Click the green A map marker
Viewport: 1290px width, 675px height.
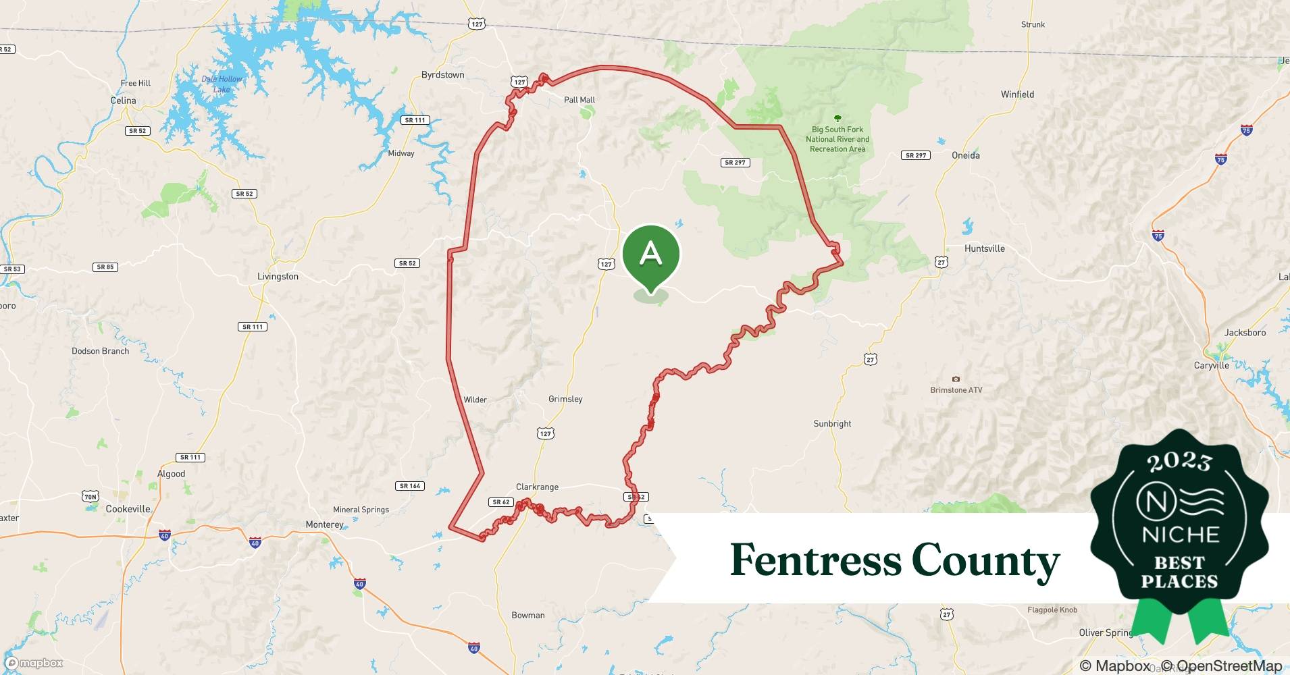(650, 256)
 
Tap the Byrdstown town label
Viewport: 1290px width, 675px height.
(442, 75)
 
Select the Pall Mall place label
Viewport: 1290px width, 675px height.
(579, 100)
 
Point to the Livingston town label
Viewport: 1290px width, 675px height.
(278, 276)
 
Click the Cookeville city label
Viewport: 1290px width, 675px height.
(128, 509)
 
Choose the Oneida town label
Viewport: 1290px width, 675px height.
(965, 155)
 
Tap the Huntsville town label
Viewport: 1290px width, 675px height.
(984, 248)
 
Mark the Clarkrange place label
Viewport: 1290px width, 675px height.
(537, 487)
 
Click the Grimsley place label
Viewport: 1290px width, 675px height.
(565, 399)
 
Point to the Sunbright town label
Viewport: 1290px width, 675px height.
(832, 424)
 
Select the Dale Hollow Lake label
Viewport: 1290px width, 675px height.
(222, 84)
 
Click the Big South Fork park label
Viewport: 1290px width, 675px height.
(837, 139)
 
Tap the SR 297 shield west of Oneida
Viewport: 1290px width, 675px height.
(915, 155)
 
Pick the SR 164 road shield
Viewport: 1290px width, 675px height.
(409, 486)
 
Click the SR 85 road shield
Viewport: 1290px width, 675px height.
(105, 267)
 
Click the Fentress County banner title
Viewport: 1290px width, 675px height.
(894, 560)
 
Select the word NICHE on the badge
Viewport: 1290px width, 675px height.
(1180, 535)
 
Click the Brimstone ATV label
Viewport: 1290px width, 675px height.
(956, 390)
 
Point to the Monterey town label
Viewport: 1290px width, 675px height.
(324, 524)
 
